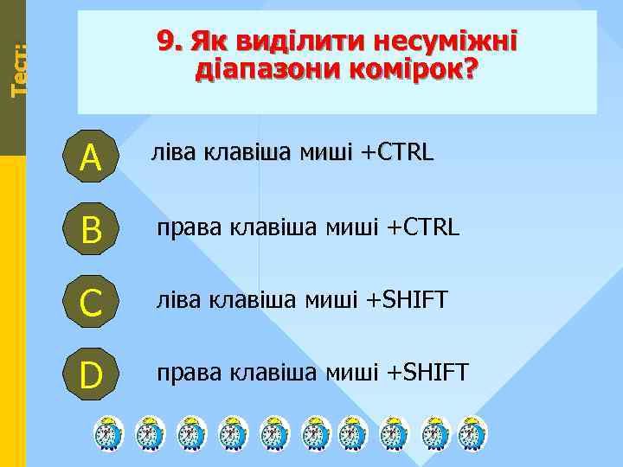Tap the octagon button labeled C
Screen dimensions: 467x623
tap(90, 301)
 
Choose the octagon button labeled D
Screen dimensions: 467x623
tap(90, 374)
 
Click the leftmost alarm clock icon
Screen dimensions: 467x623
tap(108, 433)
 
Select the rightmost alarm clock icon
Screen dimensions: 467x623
tap(472, 433)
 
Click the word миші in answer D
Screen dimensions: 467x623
tap(352, 373)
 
